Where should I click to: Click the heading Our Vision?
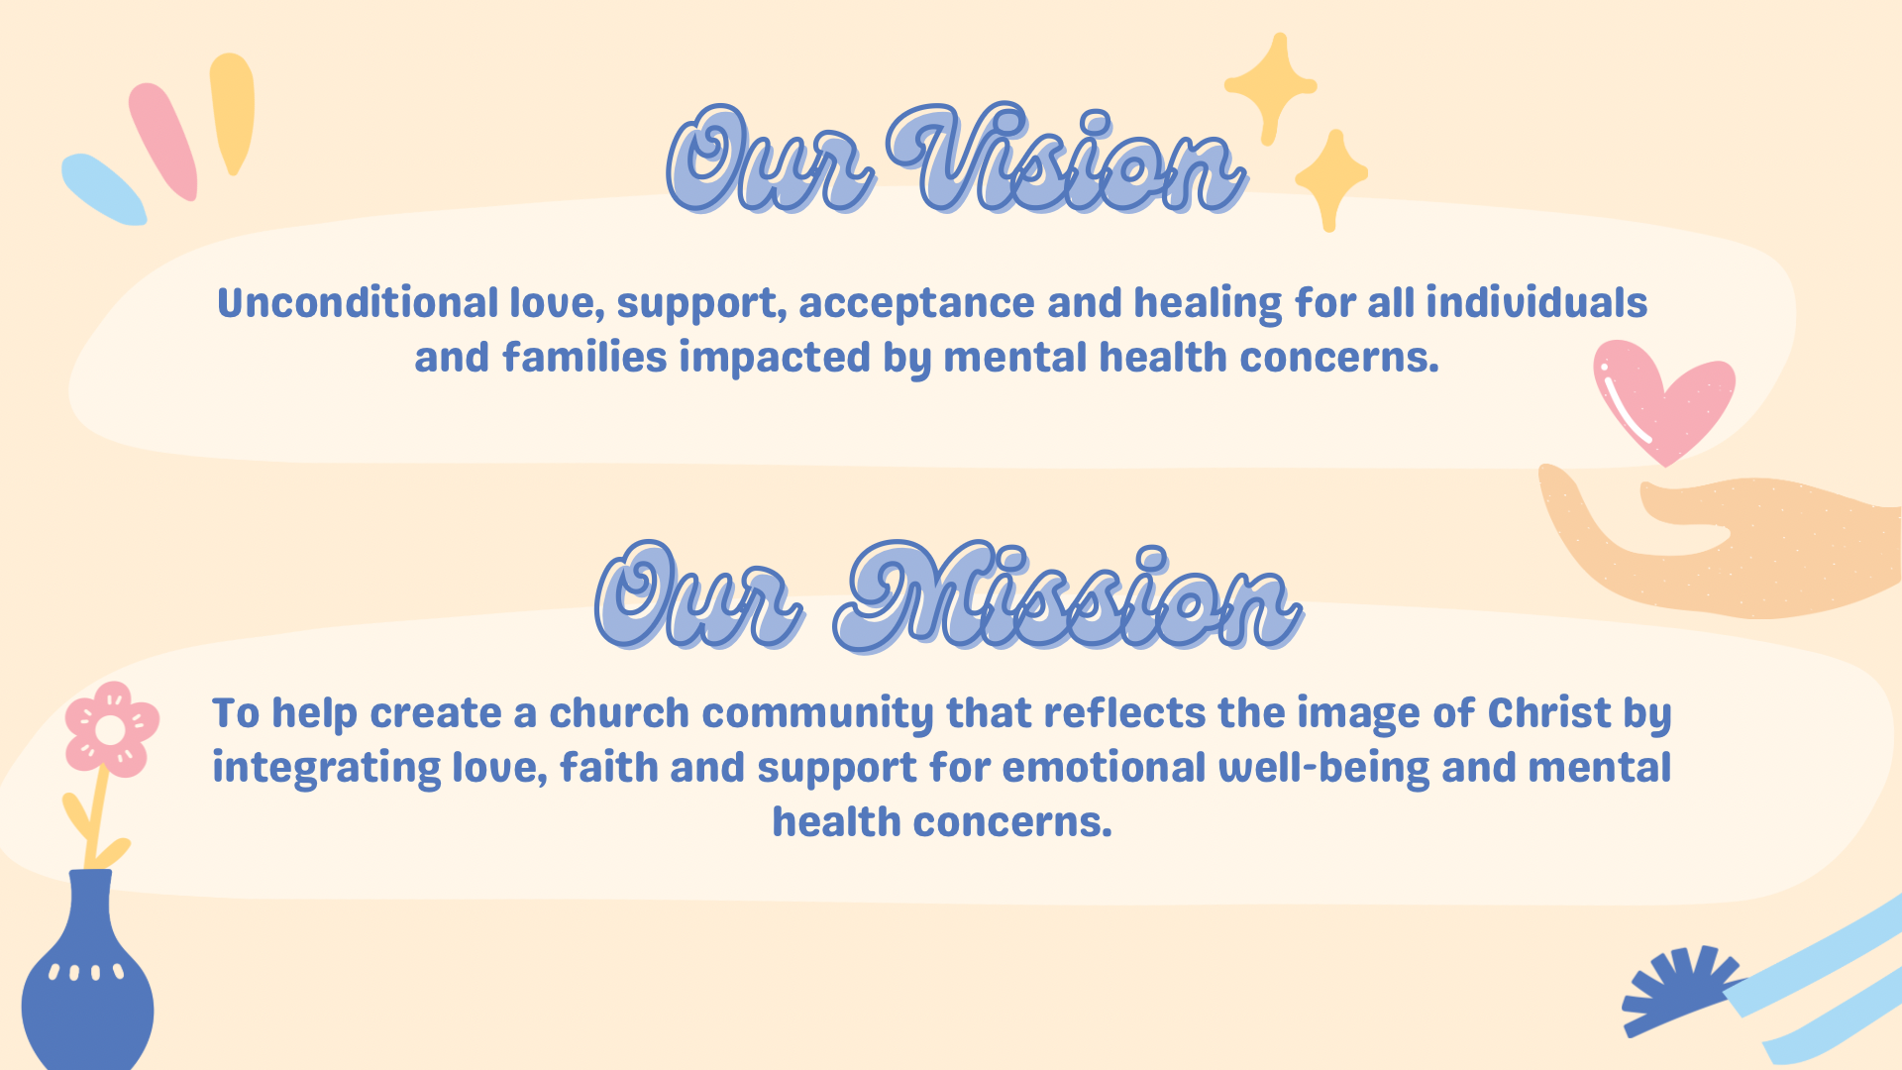pos(956,159)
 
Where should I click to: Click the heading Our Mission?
pos(949,596)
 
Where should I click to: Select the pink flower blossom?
pos(111,729)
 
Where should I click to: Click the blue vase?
pos(87,981)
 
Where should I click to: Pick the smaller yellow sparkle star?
pos(1331,178)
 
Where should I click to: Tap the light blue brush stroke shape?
pos(103,188)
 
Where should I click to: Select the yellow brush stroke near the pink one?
pos(233,112)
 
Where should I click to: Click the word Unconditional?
pos(358,303)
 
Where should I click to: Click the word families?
pos(584,358)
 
